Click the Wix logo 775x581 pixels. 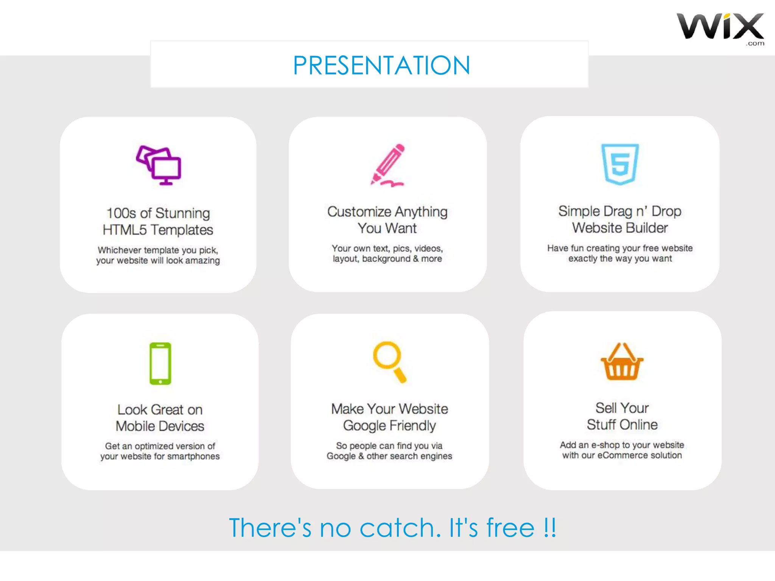point(720,27)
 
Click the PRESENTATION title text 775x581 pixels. point(381,65)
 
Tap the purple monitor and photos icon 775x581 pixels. point(159,165)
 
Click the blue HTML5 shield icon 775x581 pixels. point(620,164)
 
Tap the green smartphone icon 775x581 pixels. point(160,364)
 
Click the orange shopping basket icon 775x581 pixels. point(622,362)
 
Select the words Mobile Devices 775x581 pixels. point(160,426)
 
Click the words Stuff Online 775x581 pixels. point(622,425)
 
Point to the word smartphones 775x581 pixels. point(193,457)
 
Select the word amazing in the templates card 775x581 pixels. point(202,261)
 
